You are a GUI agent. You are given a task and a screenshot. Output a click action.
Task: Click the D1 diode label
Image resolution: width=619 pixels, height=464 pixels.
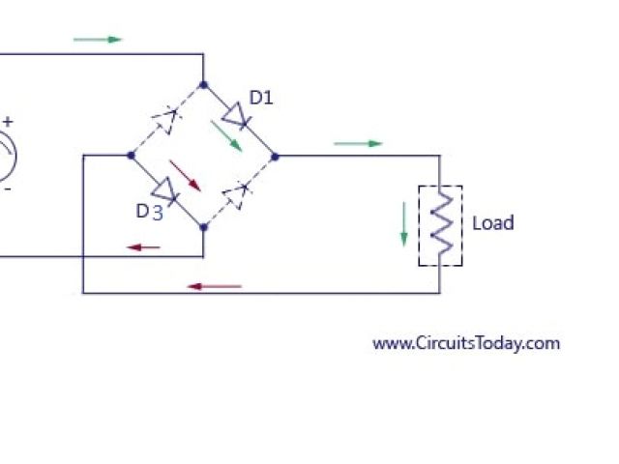point(261,98)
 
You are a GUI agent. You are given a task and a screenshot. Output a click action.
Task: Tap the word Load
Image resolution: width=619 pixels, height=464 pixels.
point(492,223)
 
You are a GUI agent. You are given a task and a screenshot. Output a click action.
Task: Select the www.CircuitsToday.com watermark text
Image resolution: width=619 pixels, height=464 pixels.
point(466,343)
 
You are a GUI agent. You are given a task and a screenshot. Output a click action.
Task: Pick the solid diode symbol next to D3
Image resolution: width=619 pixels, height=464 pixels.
point(166,190)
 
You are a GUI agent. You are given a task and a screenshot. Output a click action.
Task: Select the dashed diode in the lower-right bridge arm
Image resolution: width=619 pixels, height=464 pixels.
point(237,191)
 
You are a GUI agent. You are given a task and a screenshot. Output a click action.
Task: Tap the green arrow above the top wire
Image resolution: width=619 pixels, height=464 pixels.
point(99,40)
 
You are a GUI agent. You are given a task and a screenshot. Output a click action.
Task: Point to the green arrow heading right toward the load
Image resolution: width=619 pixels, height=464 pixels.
point(359,144)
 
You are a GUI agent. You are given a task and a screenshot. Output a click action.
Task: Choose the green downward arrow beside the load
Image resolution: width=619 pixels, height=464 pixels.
point(404,224)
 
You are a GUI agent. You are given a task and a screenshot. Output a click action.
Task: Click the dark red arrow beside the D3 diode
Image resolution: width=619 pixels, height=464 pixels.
point(185,174)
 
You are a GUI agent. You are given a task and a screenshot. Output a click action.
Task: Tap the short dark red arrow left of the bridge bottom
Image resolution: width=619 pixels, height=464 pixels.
point(144,247)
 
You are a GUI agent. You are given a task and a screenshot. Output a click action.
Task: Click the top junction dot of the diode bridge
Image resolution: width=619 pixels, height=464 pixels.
point(203,84)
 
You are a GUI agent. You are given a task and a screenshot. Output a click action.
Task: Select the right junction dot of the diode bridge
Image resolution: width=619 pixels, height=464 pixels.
point(275,155)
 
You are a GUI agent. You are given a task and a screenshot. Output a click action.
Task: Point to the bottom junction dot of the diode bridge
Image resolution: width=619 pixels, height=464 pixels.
point(203,227)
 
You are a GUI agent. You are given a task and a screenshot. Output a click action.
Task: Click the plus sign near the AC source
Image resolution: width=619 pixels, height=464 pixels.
point(8,122)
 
